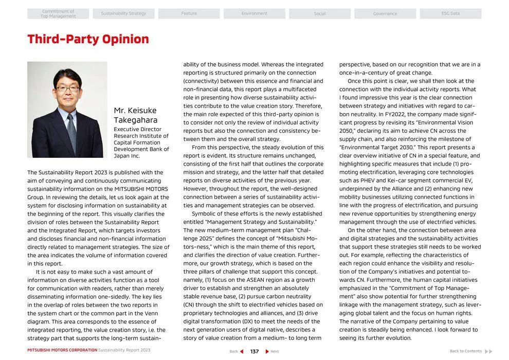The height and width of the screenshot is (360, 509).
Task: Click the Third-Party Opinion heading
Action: click(x=88, y=39)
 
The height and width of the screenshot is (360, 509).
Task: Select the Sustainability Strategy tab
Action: click(x=123, y=13)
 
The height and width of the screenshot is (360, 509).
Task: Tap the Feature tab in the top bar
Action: click(x=189, y=13)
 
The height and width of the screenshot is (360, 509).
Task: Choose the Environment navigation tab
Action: click(x=254, y=13)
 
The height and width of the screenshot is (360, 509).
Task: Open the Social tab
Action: click(x=319, y=13)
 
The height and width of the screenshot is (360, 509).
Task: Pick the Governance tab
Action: click(x=385, y=13)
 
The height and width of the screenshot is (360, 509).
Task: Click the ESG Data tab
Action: click(x=450, y=13)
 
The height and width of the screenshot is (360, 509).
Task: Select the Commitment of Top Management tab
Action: click(x=58, y=13)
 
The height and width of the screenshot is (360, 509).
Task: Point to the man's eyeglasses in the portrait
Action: click(x=67, y=88)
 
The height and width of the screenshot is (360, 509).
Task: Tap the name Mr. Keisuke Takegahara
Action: click(x=135, y=115)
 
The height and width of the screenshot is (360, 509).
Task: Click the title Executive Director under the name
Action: click(x=137, y=130)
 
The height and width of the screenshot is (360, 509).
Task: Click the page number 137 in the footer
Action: click(x=254, y=351)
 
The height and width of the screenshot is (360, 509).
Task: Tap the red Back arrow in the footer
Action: click(x=242, y=351)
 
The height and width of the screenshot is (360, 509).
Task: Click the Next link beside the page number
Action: click(x=274, y=351)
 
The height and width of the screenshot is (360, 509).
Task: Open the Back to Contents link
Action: click(x=466, y=351)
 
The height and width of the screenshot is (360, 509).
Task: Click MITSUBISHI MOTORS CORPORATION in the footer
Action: click(x=62, y=350)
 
